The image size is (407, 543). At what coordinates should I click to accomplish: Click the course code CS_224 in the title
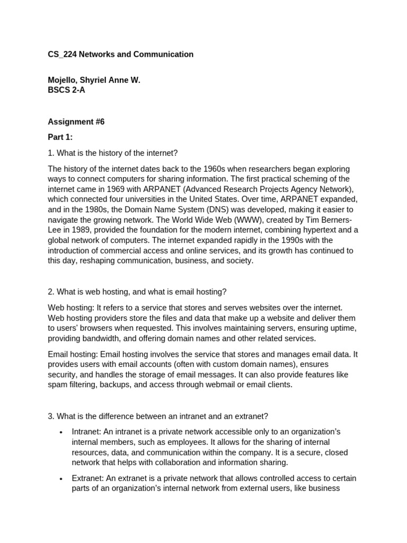pyautogui.click(x=62, y=55)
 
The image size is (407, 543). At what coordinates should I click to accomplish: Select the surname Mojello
pyautogui.click(x=63, y=81)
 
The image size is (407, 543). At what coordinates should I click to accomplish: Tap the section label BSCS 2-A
pyautogui.click(x=66, y=90)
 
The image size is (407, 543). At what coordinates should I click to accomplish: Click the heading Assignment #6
pyautogui.click(x=76, y=122)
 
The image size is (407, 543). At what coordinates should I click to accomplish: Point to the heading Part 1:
pyautogui.click(x=60, y=137)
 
